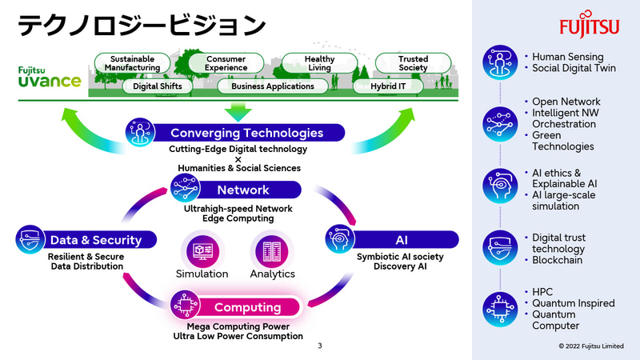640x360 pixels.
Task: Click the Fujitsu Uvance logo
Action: click(x=48, y=78)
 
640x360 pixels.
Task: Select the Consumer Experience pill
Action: click(x=226, y=63)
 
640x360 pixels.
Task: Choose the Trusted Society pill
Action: click(x=413, y=63)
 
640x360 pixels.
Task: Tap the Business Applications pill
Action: click(x=272, y=86)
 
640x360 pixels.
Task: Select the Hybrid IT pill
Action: click(x=394, y=86)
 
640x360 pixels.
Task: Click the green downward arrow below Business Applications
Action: click(x=238, y=110)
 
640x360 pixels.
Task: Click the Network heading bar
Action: click(x=243, y=190)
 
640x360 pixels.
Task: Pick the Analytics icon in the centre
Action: click(x=272, y=250)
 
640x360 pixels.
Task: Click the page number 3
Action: click(x=320, y=346)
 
